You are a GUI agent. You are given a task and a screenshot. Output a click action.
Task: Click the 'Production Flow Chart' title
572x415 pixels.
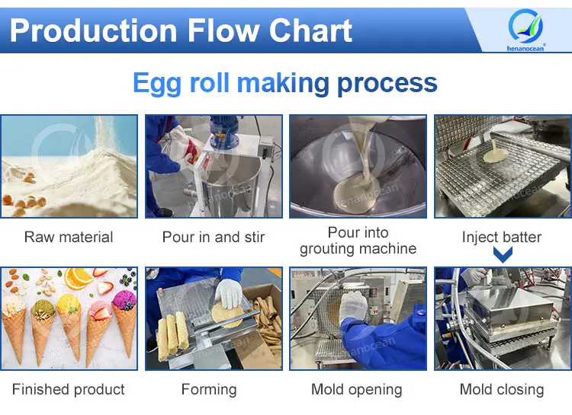click(x=181, y=30)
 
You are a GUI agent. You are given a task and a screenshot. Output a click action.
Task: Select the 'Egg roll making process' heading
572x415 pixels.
click(x=285, y=82)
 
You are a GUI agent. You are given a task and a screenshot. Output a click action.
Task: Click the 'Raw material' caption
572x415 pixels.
click(x=69, y=237)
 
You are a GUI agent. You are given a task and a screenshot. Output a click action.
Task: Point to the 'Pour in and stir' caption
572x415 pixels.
click(x=214, y=237)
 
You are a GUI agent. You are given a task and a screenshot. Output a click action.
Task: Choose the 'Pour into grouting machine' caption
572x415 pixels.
click(x=358, y=241)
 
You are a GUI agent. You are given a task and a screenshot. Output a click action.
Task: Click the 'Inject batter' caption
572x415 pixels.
click(x=502, y=237)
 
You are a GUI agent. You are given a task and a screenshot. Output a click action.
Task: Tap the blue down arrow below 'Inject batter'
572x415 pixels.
click(x=502, y=255)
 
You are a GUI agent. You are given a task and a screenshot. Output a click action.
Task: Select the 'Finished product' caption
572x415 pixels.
click(x=69, y=389)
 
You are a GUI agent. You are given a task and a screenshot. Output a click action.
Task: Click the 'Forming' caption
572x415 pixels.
click(x=209, y=389)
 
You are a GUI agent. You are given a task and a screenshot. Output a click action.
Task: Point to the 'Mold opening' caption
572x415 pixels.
click(x=357, y=389)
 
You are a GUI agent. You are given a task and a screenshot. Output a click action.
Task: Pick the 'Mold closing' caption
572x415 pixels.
click(x=502, y=389)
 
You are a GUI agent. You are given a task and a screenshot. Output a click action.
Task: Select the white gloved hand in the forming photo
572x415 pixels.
click(x=228, y=293)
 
